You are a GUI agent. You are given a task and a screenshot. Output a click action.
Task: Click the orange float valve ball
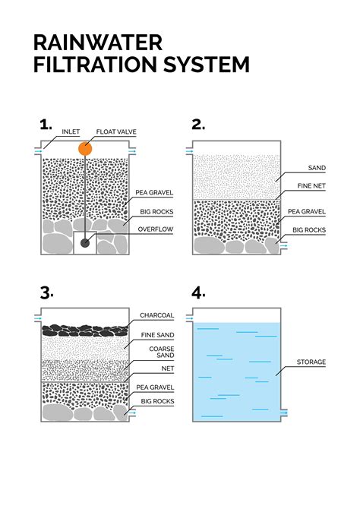[85, 148]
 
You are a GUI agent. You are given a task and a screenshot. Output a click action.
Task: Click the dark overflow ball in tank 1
[85, 242]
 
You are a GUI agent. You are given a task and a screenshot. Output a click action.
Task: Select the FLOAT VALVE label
[116, 131]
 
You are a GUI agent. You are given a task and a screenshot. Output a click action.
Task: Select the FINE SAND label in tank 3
[156, 335]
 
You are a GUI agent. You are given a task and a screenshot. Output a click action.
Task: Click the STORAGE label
[311, 362]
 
